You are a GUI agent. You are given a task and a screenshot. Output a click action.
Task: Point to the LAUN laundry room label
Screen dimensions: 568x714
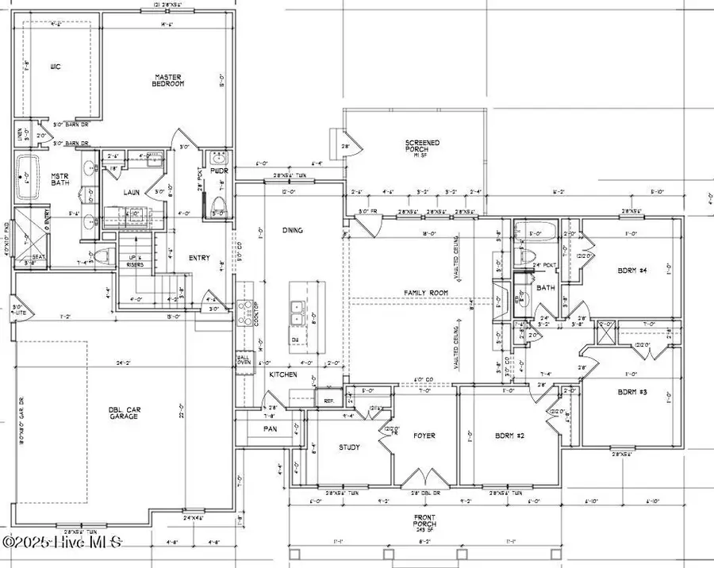click(131, 192)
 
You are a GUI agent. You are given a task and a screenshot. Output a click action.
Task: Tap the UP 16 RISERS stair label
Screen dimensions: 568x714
click(134, 262)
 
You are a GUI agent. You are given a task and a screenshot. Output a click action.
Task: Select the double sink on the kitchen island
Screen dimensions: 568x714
click(298, 311)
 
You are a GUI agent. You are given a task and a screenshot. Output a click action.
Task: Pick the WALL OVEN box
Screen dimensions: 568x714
click(243, 359)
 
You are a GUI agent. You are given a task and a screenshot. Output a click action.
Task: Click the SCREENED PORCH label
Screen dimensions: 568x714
click(420, 146)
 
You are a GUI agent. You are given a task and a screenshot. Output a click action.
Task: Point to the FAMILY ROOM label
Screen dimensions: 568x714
click(425, 293)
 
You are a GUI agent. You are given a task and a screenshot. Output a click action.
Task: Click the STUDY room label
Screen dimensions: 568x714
click(349, 447)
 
